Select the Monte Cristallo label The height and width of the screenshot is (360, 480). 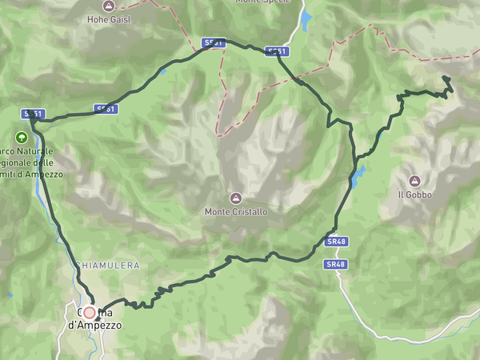[x=235, y=212]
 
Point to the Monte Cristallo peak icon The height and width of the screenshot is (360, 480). [x=236, y=198]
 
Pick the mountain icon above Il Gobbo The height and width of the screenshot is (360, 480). [x=414, y=180]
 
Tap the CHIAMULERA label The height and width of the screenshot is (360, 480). [x=107, y=265]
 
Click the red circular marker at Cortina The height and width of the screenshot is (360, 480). [x=90, y=313]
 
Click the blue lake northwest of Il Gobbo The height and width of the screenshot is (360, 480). [x=359, y=174]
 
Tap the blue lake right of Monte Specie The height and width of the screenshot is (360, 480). [x=306, y=19]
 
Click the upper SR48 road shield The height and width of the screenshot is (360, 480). [x=336, y=241]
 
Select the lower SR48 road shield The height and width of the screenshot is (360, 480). [x=336, y=264]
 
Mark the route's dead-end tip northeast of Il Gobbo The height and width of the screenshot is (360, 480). [x=445, y=78]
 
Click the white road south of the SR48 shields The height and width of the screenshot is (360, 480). [x=356, y=308]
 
